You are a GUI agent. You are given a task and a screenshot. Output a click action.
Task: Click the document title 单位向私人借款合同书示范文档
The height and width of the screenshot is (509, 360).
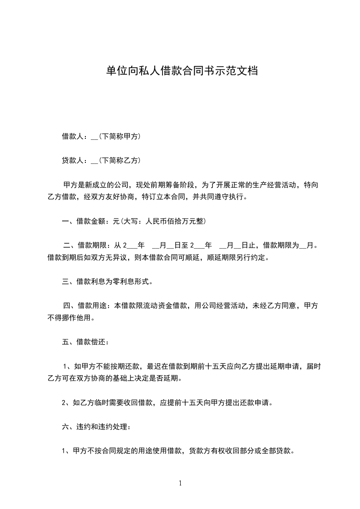182,71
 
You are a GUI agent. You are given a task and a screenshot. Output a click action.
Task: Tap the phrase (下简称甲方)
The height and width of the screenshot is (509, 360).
119,136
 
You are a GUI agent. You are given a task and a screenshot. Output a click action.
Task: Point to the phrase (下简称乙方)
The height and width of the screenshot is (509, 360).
119,160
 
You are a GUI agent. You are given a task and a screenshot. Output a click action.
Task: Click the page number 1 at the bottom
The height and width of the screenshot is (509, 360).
180,483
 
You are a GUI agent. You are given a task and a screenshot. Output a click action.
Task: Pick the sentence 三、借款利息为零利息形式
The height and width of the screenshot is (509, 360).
107,281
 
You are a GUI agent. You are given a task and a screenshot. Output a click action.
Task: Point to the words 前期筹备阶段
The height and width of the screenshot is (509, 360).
175,185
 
